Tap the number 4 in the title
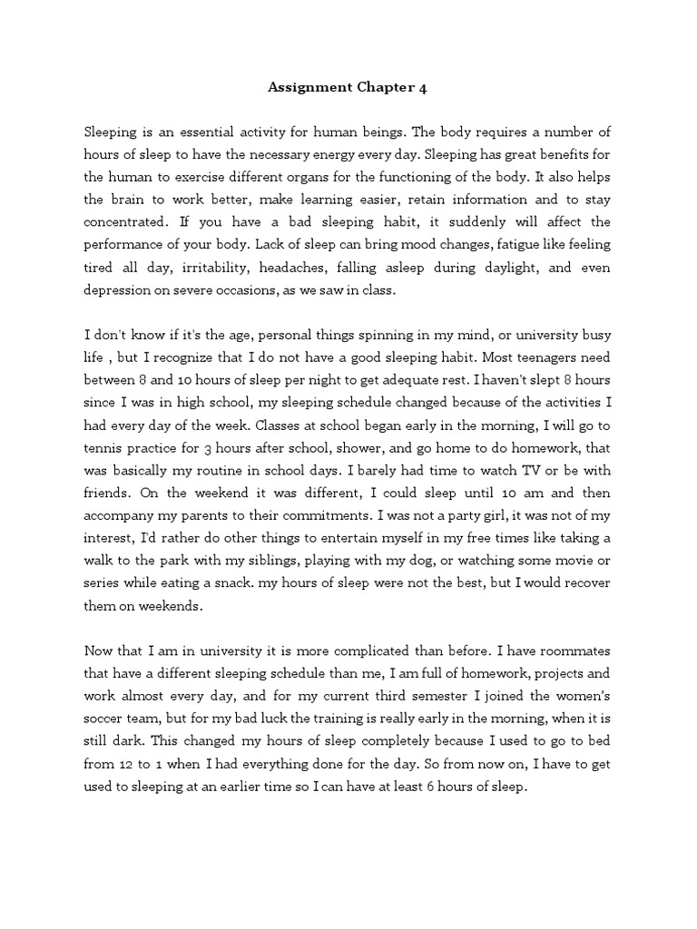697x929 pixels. coord(422,88)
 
